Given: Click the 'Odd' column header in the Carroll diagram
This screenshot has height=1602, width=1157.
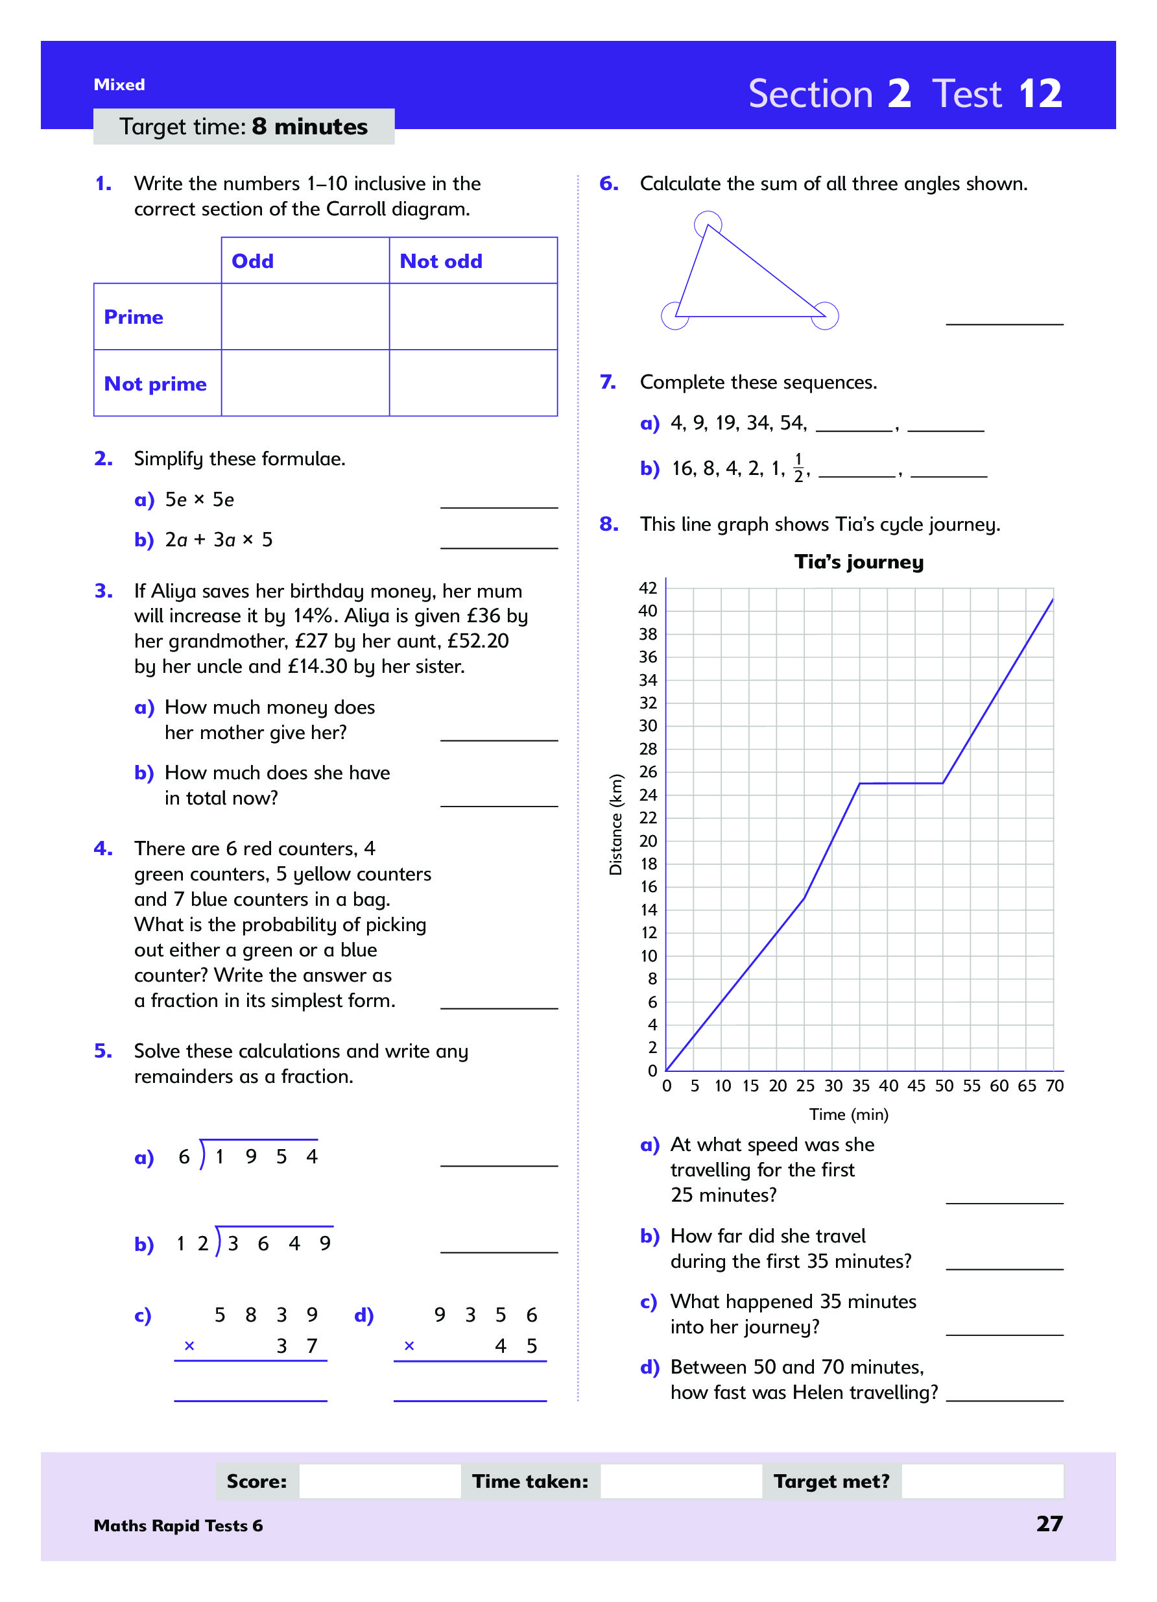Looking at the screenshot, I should coord(252,261).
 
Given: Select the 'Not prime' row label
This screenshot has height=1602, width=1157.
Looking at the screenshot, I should coord(155,383).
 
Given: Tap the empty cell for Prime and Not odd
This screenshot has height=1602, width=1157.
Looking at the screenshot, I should coord(473,317).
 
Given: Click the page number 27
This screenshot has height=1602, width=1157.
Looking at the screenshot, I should coord(1049,1523).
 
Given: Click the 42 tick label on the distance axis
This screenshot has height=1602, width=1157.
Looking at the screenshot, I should coord(647,588).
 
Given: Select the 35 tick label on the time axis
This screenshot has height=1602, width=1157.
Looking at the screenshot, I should coord(861,1086).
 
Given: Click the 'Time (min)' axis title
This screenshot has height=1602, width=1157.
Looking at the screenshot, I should coord(848,1114).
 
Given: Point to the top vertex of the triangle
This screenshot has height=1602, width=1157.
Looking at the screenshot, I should coord(708,225).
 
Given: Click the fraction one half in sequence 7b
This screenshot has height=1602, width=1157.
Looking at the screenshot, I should coord(798,468).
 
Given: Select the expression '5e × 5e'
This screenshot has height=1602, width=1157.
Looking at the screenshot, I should coord(199,500).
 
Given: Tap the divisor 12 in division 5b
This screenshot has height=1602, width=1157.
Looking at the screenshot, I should coord(192,1243).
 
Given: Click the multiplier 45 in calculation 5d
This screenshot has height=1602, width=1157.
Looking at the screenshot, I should coord(516,1346).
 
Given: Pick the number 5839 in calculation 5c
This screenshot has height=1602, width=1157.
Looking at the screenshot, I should coord(265,1315).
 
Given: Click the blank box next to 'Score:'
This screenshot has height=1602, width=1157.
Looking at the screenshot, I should coord(380,1481).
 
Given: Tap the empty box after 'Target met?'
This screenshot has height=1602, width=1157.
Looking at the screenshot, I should coord(982,1481).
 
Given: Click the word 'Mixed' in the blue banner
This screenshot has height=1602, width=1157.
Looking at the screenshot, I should coord(119,85).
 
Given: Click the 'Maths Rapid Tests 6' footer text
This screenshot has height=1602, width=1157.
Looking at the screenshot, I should coord(178,1525).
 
